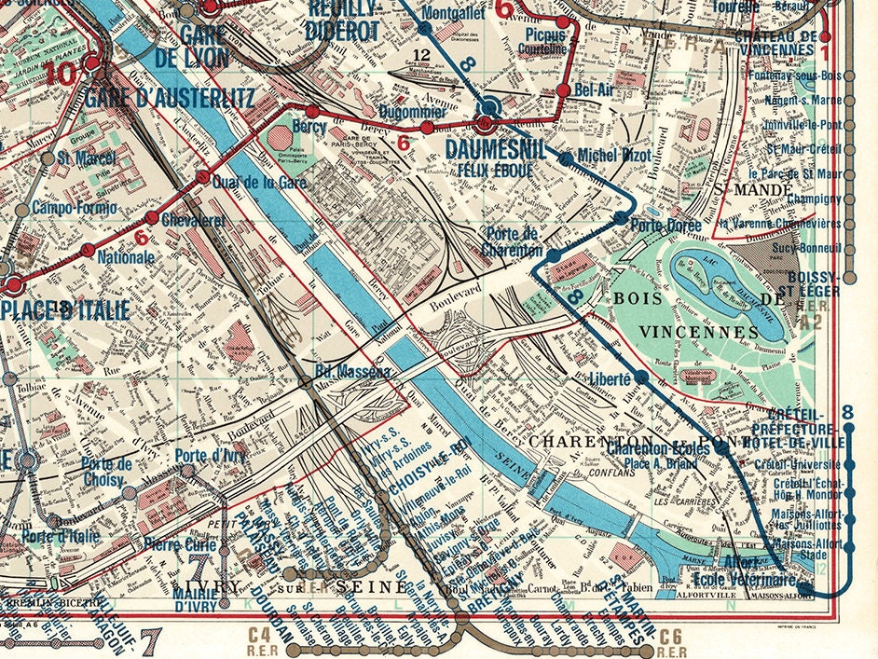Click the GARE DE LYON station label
pos(205,45)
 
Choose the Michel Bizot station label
pos(611,155)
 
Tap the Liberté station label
pos(610,378)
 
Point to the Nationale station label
pos(126,256)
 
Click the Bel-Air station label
pos(595,90)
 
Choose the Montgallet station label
pos(452,14)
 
